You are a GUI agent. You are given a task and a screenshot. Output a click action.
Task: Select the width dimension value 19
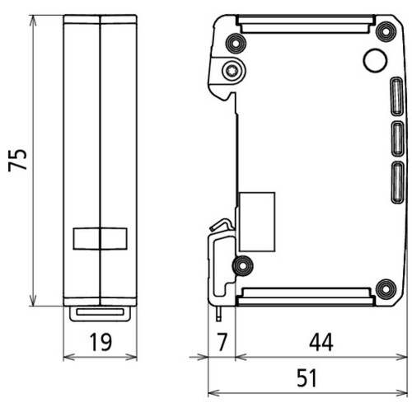100,339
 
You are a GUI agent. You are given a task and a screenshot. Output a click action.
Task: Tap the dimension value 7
219,339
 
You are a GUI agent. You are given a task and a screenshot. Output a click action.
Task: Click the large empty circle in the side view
374,59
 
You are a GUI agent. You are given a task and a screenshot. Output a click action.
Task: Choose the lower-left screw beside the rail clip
241,265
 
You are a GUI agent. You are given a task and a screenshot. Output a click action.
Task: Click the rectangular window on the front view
99,239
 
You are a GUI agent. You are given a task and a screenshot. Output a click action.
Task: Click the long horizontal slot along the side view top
309,21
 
